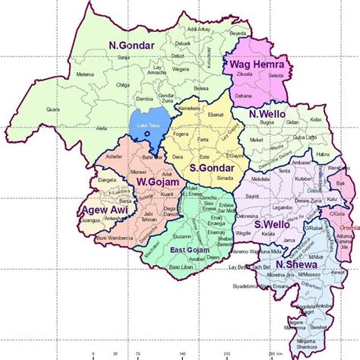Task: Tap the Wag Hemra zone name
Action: click(x=257, y=66)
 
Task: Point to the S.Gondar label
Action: click(x=210, y=167)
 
